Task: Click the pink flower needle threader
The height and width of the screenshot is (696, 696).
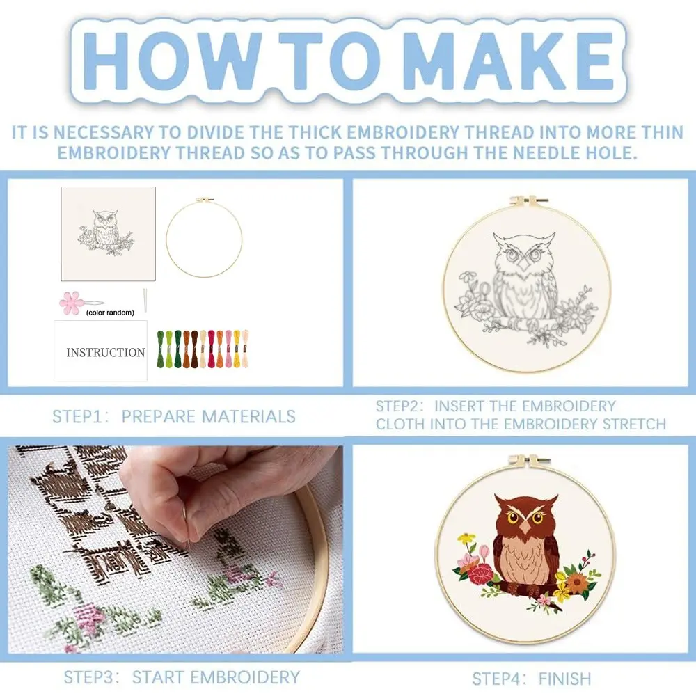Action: pos(70,303)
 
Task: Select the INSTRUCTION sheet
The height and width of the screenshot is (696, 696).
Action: pos(101,351)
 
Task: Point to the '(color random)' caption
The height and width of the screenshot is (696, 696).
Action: pos(110,313)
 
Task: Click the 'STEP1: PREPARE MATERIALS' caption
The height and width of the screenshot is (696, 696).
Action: pos(174,416)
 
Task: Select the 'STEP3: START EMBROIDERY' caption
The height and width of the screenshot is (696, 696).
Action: pos(182,677)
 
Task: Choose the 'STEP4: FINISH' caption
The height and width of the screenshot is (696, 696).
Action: pos(531,679)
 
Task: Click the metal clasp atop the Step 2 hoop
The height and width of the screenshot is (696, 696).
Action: pos(528,200)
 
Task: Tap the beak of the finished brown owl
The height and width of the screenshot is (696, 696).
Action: pos(525,528)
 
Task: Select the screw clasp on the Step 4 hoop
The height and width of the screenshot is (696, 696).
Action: pos(528,461)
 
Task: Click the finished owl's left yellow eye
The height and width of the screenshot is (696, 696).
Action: pos(513,517)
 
